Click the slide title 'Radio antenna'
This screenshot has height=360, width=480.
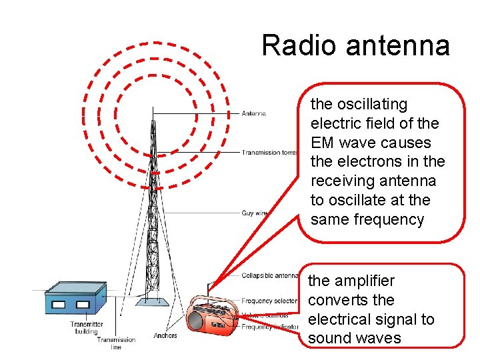point(355,45)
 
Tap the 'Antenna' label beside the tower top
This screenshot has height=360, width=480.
point(254,113)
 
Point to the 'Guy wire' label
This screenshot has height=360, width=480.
point(254,213)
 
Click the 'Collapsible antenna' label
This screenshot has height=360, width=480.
point(269,275)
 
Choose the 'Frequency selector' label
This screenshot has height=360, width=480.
point(269,301)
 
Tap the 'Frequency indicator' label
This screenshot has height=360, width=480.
point(269,327)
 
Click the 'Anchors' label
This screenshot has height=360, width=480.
point(165,335)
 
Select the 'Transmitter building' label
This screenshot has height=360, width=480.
point(86,328)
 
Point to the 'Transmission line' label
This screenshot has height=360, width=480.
point(116,343)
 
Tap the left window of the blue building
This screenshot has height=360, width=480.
point(59,305)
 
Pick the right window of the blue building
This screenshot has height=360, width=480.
point(83,305)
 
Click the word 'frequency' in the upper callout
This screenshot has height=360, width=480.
point(391,219)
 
